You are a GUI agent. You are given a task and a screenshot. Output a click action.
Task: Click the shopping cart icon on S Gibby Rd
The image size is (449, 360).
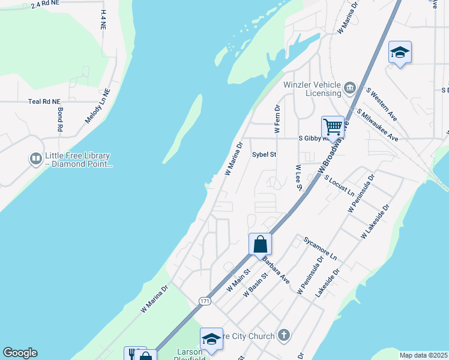(333, 127)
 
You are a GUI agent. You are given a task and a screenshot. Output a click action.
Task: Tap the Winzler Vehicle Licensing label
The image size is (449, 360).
(315, 89)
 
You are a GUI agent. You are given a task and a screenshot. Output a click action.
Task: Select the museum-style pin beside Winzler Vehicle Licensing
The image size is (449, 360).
(350, 89)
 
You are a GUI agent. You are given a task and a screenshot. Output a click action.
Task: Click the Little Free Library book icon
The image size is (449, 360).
(35, 159)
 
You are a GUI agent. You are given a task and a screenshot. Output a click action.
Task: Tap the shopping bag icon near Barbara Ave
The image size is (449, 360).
(260, 244)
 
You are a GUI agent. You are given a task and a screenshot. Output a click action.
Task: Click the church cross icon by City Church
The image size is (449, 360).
(284, 336)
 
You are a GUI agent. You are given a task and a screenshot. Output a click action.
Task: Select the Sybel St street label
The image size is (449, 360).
(264, 154)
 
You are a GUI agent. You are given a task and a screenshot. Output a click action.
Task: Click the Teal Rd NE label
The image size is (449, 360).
(44, 102)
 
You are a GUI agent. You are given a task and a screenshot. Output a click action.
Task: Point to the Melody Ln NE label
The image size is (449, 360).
(98, 107)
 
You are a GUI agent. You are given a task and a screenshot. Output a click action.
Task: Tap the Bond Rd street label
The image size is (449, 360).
(60, 120)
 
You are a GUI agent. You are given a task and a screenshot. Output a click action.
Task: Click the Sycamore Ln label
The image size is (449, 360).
(321, 248)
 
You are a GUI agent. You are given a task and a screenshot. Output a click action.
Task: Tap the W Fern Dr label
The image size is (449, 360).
(277, 119)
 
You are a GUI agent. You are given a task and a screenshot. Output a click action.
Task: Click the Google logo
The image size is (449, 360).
(20, 353)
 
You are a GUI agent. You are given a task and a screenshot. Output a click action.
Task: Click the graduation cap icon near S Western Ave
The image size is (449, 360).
(400, 52)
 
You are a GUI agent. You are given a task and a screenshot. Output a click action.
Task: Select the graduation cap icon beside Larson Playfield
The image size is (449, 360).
(211, 339)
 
